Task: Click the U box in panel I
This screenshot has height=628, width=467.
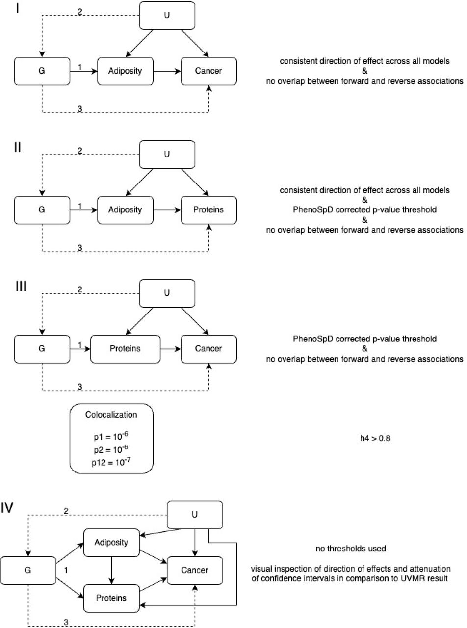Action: [167, 16]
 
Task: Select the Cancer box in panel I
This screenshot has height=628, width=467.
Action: [208, 71]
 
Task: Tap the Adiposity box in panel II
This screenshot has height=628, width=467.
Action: [125, 210]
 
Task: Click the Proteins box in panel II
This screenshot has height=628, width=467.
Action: [208, 210]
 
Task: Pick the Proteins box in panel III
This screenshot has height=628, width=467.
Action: [125, 349]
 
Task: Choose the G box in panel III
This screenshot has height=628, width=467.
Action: [42, 349]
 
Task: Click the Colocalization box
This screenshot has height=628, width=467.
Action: [111, 439]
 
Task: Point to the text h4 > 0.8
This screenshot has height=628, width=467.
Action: [375, 438]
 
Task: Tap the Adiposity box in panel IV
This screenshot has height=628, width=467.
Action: [111, 543]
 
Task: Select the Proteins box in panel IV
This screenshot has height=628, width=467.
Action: [111, 598]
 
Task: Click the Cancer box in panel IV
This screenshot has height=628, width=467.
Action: [195, 570]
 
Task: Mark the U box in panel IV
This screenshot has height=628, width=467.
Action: [195, 515]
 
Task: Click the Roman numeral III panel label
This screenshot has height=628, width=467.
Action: [21, 286]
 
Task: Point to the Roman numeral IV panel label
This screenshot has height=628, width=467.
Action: [7, 508]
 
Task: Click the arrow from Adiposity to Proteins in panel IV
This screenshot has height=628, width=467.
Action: [111, 571]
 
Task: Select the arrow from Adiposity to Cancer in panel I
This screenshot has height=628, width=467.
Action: [167, 71]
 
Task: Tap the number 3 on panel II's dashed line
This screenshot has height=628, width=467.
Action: [80, 248]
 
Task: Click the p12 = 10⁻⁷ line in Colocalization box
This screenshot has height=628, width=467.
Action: [111, 462]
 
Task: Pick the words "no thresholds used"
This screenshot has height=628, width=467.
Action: [351, 549]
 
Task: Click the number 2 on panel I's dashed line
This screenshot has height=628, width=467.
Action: [80, 12]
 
